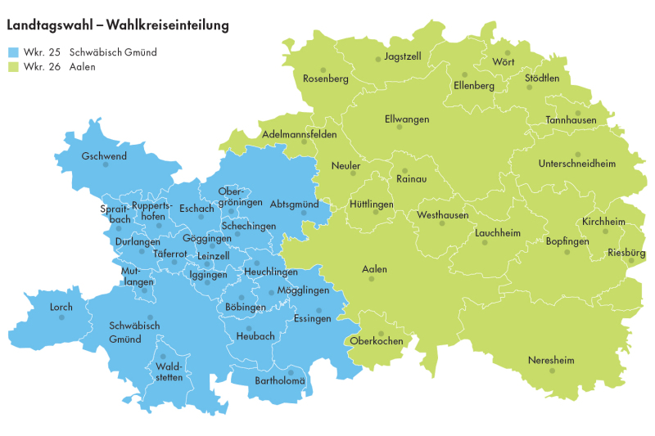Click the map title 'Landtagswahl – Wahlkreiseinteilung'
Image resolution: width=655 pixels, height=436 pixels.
(118, 26)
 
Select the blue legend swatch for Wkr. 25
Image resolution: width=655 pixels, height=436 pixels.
(13, 52)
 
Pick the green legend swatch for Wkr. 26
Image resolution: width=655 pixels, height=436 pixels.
(13, 67)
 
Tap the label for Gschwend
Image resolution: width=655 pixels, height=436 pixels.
(104, 155)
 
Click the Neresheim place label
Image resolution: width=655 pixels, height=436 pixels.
(551, 360)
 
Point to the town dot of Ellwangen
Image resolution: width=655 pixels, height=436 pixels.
(400, 127)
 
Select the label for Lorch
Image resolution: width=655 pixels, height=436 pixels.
(61, 308)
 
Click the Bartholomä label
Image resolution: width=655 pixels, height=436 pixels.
(280, 381)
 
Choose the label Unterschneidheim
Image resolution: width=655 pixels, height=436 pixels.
(576, 164)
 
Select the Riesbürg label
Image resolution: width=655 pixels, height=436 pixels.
(626, 254)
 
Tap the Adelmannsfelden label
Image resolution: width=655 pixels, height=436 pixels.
(299, 133)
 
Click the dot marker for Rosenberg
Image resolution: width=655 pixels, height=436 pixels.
(323, 70)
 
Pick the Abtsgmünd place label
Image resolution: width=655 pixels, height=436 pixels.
(294, 204)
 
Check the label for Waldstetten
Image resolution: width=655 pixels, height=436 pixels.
(168, 372)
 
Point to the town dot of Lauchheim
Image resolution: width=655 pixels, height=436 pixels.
(485, 242)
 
